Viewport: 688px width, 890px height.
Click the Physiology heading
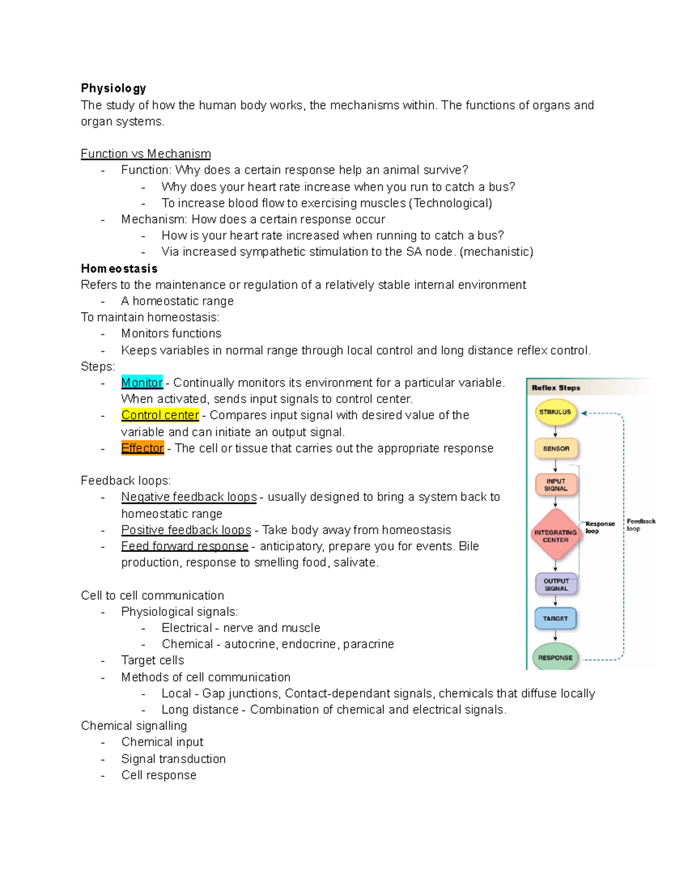(x=114, y=88)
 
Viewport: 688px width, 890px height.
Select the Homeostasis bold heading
(x=119, y=269)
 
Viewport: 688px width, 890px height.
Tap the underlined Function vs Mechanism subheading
(x=146, y=154)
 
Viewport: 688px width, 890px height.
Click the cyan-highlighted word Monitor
(x=142, y=383)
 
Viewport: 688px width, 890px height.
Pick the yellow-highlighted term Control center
(x=160, y=415)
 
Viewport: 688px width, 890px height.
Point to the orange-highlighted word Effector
(x=143, y=448)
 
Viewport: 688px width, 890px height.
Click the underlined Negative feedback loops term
(x=189, y=497)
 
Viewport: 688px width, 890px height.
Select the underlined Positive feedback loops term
(x=186, y=530)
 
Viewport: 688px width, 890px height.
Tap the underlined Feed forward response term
(x=185, y=546)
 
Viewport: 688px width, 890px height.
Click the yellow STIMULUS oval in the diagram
(x=555, y=412)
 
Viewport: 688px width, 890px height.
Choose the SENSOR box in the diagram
(x=556, y=449)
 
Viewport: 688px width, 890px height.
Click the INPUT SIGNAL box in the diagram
(x=556, y=485)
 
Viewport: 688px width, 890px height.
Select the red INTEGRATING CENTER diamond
(x=556, y=536)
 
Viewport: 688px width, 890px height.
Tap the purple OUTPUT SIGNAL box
(x=556, y=585)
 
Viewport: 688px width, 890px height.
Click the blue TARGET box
(x=555, y=619)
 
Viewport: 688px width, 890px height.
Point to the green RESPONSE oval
(x=555, y=657)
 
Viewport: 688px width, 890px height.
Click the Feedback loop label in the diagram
(x=640, y=525)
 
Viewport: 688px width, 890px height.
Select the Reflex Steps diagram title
(x=556, y=388)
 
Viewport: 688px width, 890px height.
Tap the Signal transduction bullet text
(x=173, y=759)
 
